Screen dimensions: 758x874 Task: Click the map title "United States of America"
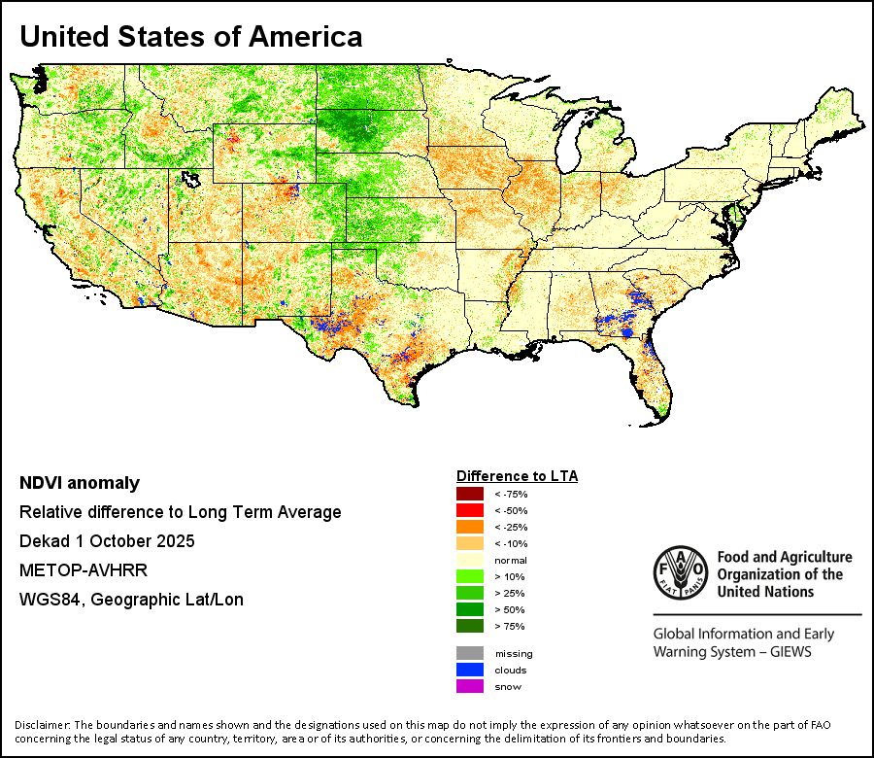191,37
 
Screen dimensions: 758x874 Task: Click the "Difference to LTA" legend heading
517,476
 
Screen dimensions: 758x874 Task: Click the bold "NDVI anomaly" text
80,483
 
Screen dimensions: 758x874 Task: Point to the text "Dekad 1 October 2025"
107,541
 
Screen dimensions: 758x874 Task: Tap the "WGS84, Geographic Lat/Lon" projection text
131,600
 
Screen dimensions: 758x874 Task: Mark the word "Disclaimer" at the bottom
42,725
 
